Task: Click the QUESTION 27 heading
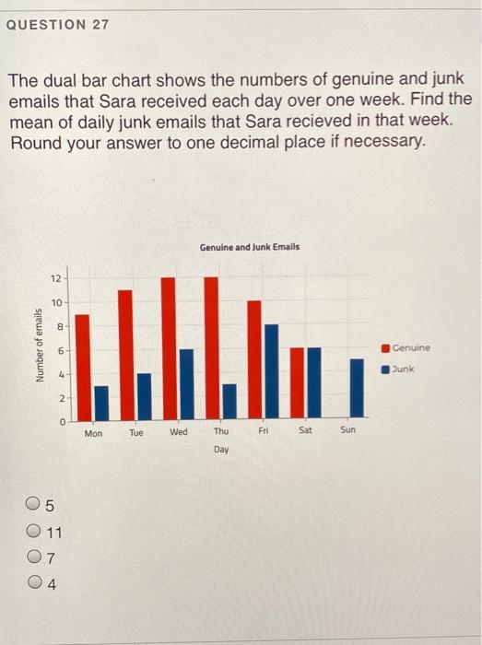pyautogui.click(x=57, y=24)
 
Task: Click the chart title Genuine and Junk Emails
pyautogui.click(x=249, y=247)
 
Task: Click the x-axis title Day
pyautogui.click(x=221, y=450)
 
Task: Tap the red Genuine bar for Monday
pyautogui.click(x=82, y=366)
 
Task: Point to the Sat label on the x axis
pyautogui.click(x=306, y=430)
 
